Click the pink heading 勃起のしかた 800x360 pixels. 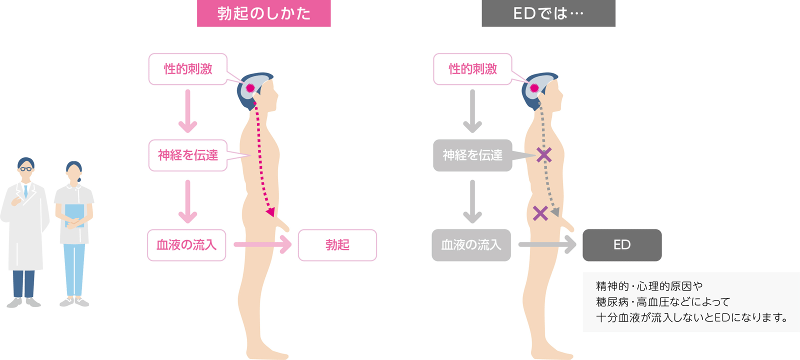coord(263,13)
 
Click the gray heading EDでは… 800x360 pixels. coord(548,13)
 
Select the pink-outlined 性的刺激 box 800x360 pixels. coord(188,69)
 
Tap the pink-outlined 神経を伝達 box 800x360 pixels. coord(188,155)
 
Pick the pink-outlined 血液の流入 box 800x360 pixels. coord(186,245)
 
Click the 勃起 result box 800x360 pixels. coord(337,245)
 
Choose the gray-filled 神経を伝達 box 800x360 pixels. coord(472,155)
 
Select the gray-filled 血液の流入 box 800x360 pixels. coord(471,245)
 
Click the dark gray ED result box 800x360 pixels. coord(622,245)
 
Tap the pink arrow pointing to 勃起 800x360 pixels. coord(263,244)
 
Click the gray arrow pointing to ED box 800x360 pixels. coord(547,244)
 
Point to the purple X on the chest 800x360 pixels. coord(544,155)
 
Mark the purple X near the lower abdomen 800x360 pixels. coord(540,213)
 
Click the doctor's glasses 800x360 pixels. coord(25,169)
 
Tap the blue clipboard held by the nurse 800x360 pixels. coord(74,214)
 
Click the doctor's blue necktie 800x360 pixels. coord(25,191)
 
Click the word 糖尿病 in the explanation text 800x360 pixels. coord(612,302)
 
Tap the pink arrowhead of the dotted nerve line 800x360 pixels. coord(270,212)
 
